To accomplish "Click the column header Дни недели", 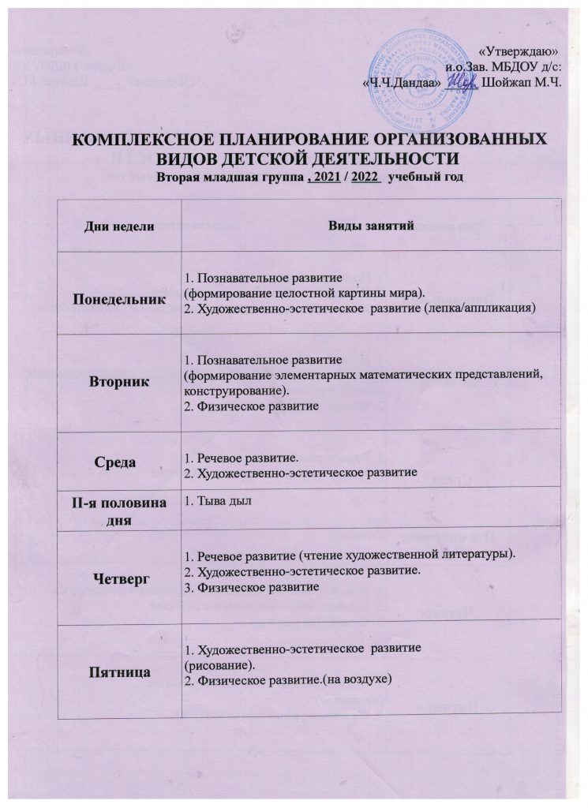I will click(x=118, y=226).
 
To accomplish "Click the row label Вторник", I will click(x=118, y=382).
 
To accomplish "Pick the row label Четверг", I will click(x=118, y=578).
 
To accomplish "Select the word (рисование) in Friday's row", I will click(x=214, y=665).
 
